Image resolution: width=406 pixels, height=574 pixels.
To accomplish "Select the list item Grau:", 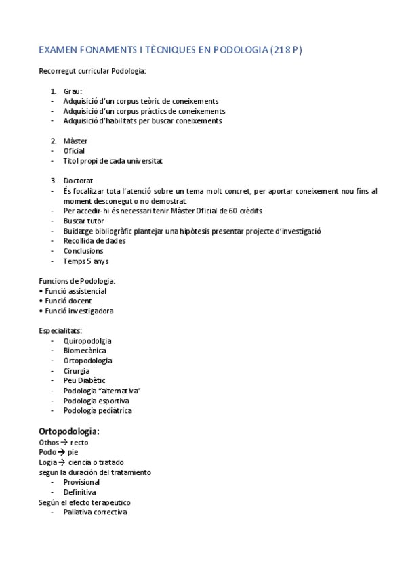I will pos(73,91).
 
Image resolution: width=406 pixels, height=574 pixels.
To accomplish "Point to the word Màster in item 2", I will pos(75,141).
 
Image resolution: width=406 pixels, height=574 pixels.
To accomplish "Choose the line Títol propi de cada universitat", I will pos(113,161).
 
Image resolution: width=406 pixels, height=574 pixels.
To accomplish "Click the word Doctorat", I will pos(79,181).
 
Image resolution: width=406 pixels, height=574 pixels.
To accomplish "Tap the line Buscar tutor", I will pos(83,221).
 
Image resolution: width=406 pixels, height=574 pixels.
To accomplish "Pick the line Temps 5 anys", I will pos(86,261).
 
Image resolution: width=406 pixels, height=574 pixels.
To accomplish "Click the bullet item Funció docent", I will pos(68,301).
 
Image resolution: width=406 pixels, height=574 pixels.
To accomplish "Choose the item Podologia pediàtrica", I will pos(98,410).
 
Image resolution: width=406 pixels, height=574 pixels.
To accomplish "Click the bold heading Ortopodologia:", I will pos(69,430).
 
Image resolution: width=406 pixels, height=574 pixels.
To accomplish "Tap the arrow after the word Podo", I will pos(61,453).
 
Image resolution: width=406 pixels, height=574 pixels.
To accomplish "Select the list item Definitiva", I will pos(79,492).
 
